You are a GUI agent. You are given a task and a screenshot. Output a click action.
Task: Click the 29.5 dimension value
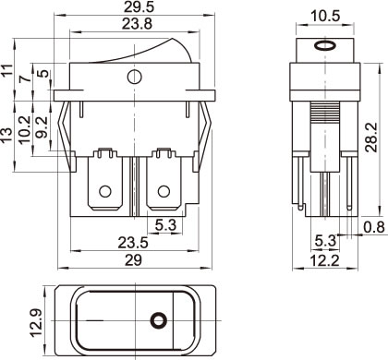pos(139,7)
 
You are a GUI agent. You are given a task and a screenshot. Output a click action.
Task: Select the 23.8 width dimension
pos(137,23)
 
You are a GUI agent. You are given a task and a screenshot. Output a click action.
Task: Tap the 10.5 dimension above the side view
pos(325,16)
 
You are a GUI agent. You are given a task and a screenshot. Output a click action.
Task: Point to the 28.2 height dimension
pos(371,138)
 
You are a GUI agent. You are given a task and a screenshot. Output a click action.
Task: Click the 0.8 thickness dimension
pos(374,227)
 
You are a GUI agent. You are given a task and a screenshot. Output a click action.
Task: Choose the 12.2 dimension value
pos(324,261)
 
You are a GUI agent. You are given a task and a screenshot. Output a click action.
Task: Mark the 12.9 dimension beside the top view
pos(37,322)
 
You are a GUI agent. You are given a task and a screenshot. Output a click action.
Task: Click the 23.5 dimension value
pos(133,243)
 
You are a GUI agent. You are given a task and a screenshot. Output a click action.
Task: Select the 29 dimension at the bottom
pos(133,260)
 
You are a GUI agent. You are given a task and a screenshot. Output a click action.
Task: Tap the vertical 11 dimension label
pos(7,70)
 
